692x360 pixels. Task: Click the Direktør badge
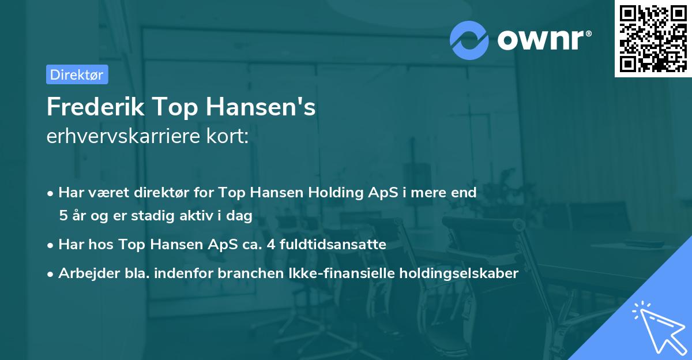tap(77, 74)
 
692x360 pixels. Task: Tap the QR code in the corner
tap(652, 38)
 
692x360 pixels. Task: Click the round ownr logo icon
tap(469, 40)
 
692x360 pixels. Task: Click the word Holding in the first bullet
tap(341, 193)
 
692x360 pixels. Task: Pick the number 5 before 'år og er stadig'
tap(62, 216)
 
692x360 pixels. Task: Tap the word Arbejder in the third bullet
tap(82, 273)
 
